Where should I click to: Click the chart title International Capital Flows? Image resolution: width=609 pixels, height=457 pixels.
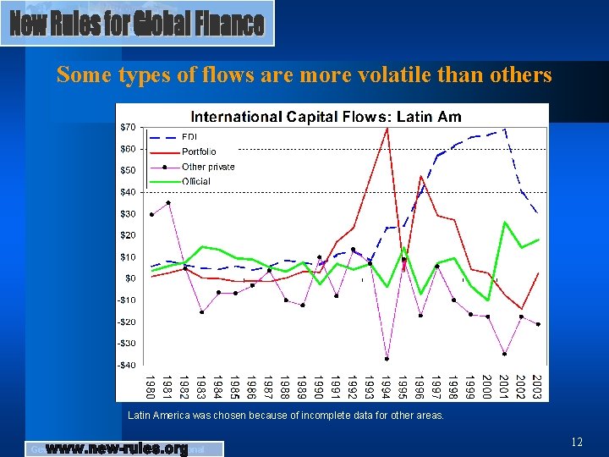326,116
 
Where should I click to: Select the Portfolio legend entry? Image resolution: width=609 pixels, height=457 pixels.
199,152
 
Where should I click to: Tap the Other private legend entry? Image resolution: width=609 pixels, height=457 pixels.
208,167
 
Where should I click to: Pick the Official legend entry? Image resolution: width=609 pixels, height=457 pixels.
196,181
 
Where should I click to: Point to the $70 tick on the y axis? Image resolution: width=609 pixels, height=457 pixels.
127,127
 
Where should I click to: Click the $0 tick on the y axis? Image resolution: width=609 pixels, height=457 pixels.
130,278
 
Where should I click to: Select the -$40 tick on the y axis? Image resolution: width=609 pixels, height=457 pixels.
125,365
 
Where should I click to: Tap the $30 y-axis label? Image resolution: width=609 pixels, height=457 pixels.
127,213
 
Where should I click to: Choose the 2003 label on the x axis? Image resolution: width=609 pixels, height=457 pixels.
537,387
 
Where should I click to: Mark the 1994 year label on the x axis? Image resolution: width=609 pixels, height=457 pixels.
387,387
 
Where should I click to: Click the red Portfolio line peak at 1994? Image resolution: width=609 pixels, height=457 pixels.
387,129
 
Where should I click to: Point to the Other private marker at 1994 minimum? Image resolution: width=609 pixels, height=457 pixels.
387,359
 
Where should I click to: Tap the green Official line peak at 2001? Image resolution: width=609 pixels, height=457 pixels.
504,223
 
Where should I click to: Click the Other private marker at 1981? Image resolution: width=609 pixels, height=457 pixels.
168,202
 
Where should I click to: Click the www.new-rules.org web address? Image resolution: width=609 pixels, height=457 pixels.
116,449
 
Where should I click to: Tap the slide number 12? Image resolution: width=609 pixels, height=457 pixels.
577,442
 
